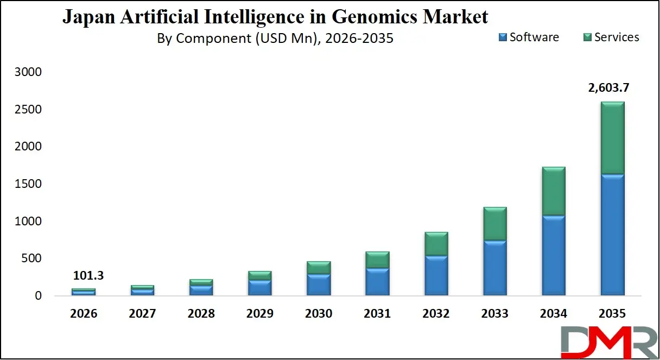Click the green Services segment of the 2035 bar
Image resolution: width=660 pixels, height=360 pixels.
point(612,138)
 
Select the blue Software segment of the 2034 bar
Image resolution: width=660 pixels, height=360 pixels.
point(553,255)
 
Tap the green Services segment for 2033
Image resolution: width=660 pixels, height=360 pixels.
point(494,224)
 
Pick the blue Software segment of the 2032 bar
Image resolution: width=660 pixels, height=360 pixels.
point(436,276)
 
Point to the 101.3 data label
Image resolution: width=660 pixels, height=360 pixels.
point(88,276)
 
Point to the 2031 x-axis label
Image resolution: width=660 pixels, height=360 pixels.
point(377,314)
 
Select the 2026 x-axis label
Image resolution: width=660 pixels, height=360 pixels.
point(83,314)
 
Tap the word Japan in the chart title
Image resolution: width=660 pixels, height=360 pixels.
point(84,17)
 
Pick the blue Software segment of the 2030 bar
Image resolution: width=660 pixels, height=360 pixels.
point(319,285)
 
